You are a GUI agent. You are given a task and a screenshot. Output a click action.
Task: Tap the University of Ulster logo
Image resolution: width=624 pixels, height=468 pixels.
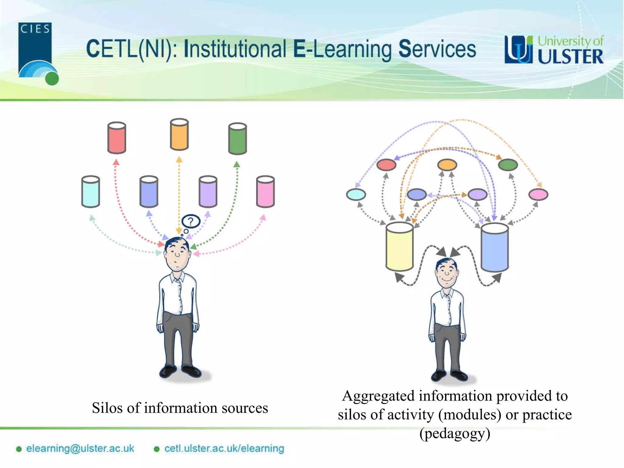554,50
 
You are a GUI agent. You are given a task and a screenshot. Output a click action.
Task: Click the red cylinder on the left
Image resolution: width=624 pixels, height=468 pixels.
117,138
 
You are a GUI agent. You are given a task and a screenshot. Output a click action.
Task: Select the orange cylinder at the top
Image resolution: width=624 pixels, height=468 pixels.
179,134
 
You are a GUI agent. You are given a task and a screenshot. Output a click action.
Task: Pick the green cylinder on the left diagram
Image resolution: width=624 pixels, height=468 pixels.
237,139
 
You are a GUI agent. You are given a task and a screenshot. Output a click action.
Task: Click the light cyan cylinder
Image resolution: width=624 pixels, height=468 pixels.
90,192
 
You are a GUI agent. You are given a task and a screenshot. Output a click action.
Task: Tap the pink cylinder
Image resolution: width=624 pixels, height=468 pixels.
265,192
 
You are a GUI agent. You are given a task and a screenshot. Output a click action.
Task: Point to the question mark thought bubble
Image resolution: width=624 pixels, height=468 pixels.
191,221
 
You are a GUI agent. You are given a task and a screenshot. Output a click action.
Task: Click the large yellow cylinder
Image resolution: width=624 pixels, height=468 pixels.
399,246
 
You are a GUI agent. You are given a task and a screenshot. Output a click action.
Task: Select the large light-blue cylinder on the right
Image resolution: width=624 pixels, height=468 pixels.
495,247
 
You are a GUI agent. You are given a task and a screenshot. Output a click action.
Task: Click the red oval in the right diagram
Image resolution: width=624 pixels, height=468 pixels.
386,165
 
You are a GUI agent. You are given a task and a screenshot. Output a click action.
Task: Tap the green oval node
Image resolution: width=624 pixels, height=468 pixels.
508,165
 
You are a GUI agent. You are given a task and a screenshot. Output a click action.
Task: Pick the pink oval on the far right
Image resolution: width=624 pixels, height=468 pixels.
538,194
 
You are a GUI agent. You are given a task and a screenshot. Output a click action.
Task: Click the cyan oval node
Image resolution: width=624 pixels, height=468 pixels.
356,194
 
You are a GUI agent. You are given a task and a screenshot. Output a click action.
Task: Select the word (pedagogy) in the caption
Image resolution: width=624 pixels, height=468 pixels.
455,434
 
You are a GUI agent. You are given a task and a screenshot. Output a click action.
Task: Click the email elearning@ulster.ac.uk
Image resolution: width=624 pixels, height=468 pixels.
80,448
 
